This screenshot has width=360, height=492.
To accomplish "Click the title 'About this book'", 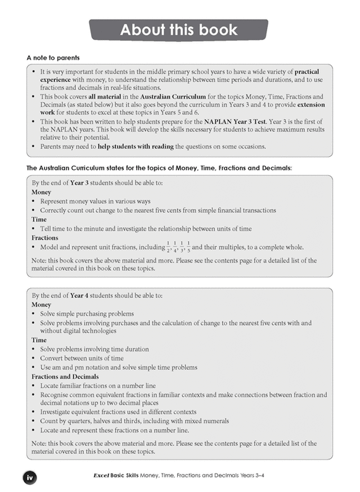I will point(179,30).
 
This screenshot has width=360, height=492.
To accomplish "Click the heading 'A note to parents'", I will point(53,57).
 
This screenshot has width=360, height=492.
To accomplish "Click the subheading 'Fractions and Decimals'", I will point(65,376).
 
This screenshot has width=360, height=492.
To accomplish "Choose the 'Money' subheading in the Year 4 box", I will point(42,304).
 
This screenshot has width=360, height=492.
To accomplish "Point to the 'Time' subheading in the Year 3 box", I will point(39,219).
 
